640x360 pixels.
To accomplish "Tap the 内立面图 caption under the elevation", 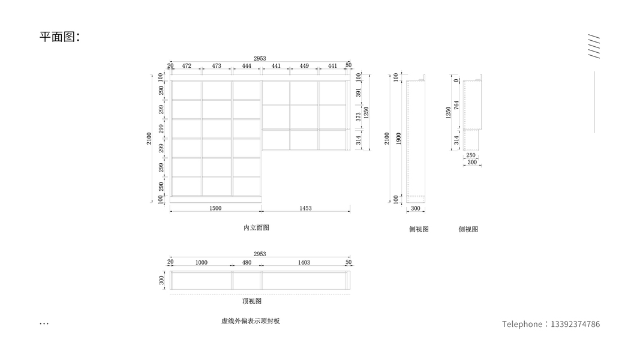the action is click(x=256, y=228).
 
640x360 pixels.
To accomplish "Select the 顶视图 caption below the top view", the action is click(x=251, y=301).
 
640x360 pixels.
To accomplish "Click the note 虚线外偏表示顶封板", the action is click(x=250, y=321).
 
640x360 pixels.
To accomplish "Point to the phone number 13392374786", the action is click(x=575, y=324).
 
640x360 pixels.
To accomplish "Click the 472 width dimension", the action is click(x=187, y=65).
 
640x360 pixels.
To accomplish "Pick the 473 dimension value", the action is click(x=217, y=65).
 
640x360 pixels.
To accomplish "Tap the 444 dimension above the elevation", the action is click(x=247, y=65).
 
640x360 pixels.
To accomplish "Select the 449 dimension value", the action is click(x=304, y=65).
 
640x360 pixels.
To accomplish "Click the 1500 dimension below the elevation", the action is click(x=215, y=208).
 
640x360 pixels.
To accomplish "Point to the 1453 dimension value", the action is click(x=305, y=208).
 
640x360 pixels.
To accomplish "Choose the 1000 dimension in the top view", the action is click(x=202, y=262).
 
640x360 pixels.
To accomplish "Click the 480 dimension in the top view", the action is click(x=247, y=262).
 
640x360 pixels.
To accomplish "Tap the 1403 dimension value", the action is click(x=304, y=262).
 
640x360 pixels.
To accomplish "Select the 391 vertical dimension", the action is click(x=359, y=92).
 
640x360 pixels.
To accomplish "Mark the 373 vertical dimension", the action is click(x=359, y=116).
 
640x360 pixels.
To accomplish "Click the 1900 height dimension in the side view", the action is click(x=399, y=138).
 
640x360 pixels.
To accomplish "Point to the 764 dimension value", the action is click(x=456, y=104).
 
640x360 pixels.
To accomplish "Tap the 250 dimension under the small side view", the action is click(x=471, y=155).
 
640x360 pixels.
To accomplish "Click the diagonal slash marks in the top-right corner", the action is click(x=594, y=46).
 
